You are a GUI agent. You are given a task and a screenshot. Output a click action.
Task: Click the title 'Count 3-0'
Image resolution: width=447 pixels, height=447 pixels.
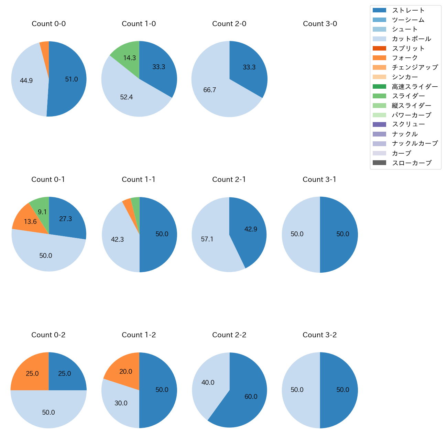click(320, 24)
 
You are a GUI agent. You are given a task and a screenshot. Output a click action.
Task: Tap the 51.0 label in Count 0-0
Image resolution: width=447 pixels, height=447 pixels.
click(72, 79)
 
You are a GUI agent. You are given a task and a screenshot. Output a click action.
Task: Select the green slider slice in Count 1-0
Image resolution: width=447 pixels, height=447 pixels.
click(127, 55)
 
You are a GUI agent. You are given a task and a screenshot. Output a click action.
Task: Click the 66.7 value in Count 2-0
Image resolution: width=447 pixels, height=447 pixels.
click(210, 90)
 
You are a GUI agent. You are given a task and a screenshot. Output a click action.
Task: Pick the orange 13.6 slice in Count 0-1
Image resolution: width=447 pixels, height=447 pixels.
click(28, 220)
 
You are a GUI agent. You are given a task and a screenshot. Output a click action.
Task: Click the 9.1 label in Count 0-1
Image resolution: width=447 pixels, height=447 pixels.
click(42, 212)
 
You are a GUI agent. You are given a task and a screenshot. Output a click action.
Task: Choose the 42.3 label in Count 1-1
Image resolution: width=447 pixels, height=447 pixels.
click(117, 239)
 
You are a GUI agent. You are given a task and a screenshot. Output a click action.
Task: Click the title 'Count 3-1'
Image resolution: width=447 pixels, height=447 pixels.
click(319, 179)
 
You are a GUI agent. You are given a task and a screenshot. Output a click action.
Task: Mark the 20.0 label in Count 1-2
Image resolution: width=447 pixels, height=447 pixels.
click(126, 372)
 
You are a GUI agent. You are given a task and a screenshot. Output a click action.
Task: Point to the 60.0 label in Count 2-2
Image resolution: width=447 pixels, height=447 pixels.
click(251, 397)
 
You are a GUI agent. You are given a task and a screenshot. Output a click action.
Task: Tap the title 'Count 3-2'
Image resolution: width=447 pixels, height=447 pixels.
click(319, 335)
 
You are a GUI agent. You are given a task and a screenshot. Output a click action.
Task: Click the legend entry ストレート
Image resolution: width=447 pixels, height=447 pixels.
click(408, 10)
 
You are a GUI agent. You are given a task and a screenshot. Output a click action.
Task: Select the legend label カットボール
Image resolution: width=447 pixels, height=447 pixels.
click(411, 39)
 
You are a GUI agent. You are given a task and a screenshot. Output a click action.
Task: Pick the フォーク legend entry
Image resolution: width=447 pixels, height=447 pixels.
click(405, 58)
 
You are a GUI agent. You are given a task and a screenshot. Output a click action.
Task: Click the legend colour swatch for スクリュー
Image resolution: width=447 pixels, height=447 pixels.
click(379, 124)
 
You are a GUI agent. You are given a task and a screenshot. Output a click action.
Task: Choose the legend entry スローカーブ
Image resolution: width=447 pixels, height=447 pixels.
click(412, 163)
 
